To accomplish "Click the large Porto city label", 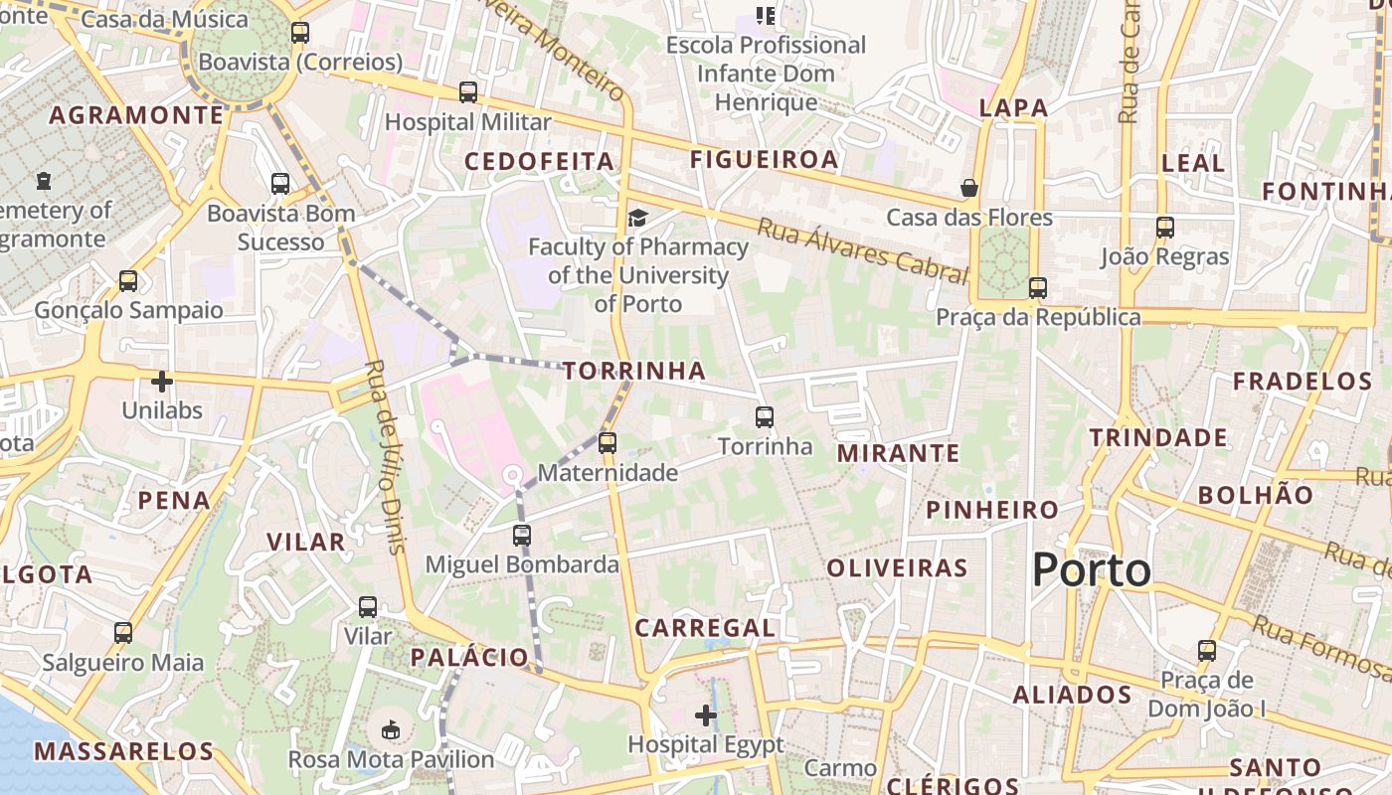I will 1091,570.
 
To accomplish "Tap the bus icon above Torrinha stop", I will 764,417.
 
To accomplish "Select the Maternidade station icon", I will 607,443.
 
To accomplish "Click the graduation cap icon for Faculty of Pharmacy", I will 636,218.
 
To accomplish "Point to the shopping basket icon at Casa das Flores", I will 968,188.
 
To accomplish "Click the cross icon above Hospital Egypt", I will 706,715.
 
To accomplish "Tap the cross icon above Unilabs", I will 162,381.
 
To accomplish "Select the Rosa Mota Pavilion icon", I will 391,730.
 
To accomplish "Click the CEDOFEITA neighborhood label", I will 539,161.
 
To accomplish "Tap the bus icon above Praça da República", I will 1038,288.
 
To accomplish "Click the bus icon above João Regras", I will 1165,228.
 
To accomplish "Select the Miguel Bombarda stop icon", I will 522,536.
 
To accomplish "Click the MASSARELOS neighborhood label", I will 123,751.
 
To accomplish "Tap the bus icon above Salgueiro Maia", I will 123,633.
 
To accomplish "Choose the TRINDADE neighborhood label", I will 1157,437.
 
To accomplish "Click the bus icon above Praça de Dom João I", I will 1207,652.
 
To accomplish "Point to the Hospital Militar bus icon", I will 468,92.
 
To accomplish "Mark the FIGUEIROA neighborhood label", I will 764,159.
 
